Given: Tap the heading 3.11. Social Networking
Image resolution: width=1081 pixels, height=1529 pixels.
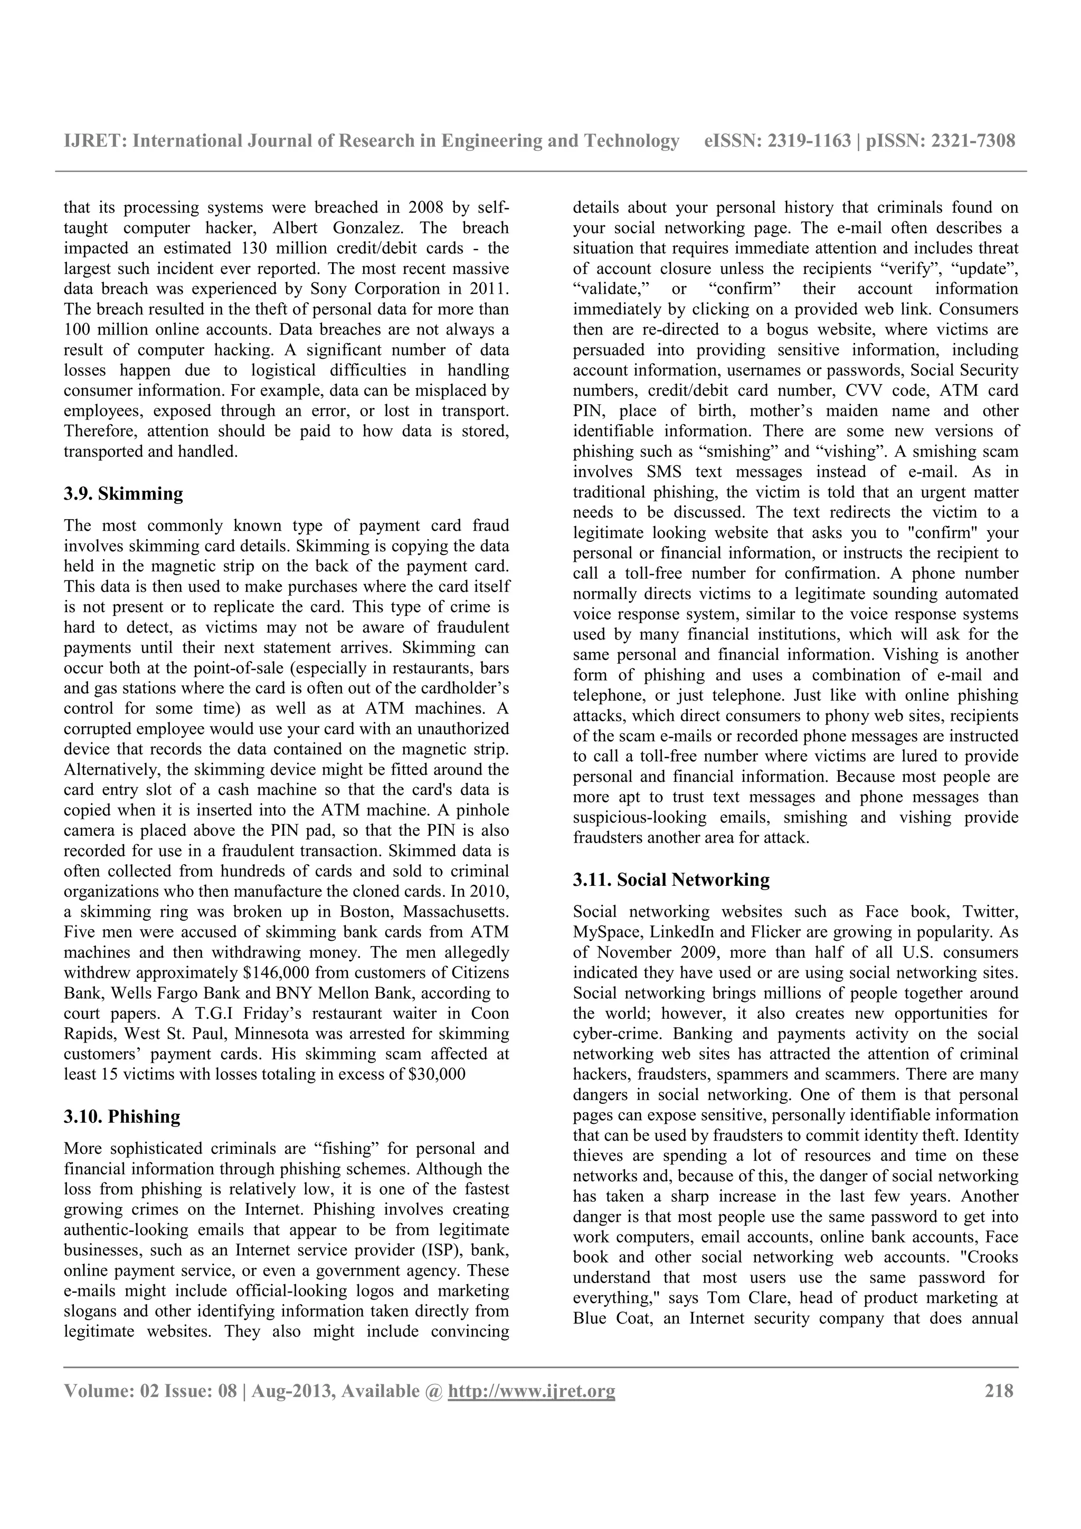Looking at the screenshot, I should click(671, 880).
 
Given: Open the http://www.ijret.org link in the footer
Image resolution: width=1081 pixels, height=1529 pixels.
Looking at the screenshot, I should click(531, 1391).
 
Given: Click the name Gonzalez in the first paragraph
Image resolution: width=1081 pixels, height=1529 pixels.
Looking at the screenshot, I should click(367, 228).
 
